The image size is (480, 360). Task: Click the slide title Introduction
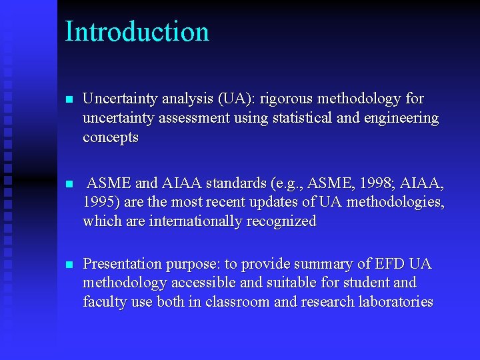tap(137, 32)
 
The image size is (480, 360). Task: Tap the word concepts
tap(111, 138)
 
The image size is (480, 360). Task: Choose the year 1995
tap(100, 202)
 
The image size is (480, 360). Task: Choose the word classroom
tap(238, 302)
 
